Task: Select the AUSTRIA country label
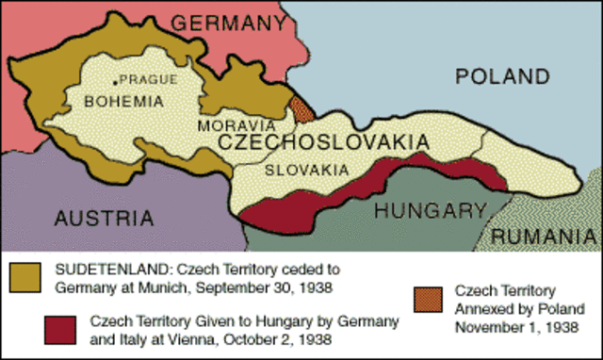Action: tap(103, 218)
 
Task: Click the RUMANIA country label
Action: tap(546, 236)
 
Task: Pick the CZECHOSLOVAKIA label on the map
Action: tap(323, 142)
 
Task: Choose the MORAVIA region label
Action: tap(236, 124)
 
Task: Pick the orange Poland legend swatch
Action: tap(429, 295)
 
